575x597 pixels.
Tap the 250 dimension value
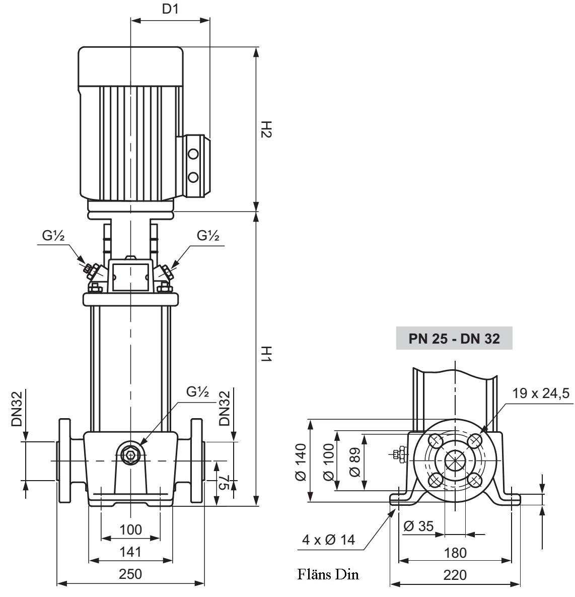pos(130,574)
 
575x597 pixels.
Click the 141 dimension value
pos(130,552)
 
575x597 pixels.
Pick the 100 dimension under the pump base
pos(130,529)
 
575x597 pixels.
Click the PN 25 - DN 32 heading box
pos(454,339)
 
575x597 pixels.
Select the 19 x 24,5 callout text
pos(542,393)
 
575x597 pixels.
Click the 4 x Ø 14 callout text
pos(328,540)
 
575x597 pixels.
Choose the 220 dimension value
pos(455,575)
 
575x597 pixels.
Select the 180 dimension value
pos(455,553)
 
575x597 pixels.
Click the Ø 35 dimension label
pos(418,526)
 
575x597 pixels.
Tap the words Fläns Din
pos(328,574)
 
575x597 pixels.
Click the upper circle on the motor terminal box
pos(193,153)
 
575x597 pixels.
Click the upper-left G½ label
pos(53,236)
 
